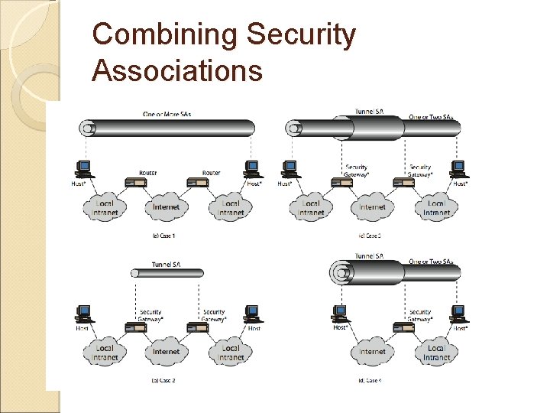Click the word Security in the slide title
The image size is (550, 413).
(x=302, y=35)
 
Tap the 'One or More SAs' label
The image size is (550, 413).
(x=167, y=114)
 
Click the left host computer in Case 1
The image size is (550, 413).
(x=84, y=168)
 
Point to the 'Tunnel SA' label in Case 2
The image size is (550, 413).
(x=167, y=264)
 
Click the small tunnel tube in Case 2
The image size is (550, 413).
(x=167, y=273)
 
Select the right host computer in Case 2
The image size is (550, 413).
(x=251, y=314)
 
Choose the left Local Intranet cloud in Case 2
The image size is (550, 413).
(x=105, y=352)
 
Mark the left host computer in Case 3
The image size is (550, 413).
(x=290, y=168)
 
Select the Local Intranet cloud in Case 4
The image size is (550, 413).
(x=436, y=352)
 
